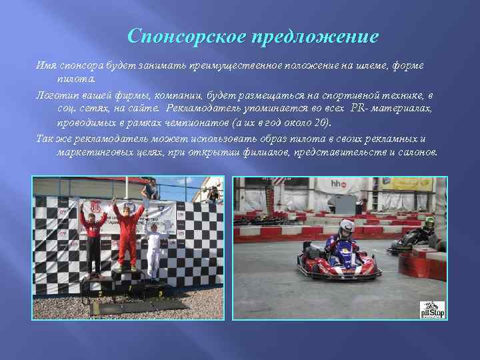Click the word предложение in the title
click(315, 36)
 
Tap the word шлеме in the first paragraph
click(365, 66)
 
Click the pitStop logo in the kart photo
click(432, 309)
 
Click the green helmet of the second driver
click(429, 222)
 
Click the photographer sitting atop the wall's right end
click(213, 194)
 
